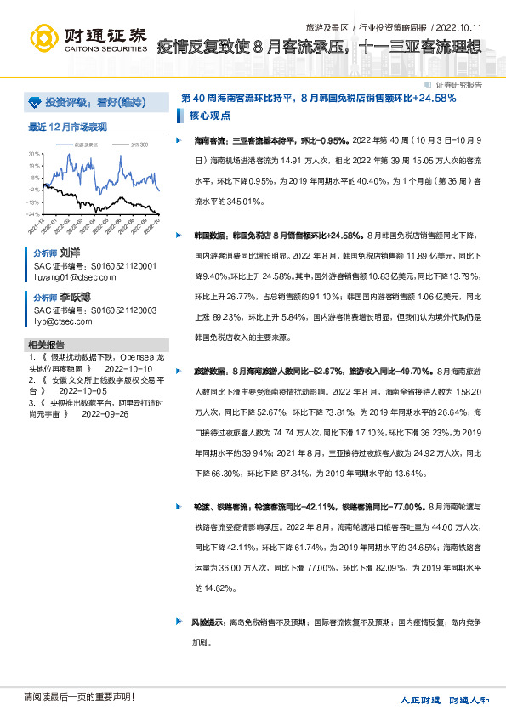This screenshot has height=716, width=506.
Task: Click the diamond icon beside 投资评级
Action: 33,102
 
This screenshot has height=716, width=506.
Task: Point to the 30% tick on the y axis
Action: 34,154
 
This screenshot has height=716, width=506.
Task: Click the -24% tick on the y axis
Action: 33,214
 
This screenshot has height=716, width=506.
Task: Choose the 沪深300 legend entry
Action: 139,145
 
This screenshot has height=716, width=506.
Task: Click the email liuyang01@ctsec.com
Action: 70,277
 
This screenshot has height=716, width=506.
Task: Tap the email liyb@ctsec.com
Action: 63,321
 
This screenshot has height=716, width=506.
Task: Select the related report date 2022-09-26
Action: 105,413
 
